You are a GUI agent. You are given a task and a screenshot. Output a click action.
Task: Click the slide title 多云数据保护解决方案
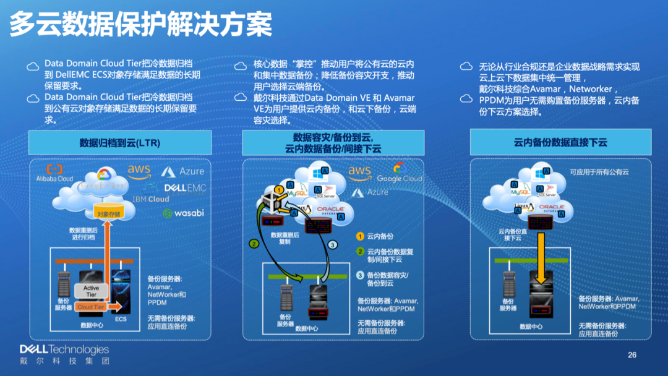[141, 24]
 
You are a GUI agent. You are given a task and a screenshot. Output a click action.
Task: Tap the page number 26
[632, 355]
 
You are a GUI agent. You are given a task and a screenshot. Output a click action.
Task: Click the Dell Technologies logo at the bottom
[64, 355]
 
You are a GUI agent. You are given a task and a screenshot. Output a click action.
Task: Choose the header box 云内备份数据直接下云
[560, 142]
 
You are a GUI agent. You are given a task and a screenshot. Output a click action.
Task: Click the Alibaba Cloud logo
[54, 173]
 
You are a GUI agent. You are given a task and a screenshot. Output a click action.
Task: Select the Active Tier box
[91, 291]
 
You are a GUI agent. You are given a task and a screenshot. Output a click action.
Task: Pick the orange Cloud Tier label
[90, 307]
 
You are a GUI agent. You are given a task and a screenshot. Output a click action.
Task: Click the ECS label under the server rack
[121, 319]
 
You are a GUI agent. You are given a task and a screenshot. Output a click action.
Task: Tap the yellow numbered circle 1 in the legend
[360, 236]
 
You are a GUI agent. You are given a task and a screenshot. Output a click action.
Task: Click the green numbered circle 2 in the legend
[360, 251]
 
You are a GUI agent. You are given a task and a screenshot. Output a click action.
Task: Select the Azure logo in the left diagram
[183, 171]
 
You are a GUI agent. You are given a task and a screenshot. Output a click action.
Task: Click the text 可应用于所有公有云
[599, 172]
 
